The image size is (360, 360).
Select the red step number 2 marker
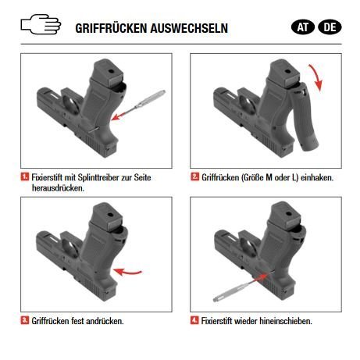point(194,178)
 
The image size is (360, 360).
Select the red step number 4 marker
point(194,320)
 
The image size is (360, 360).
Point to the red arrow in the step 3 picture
point(130,273)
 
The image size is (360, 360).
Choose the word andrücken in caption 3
point(105,320)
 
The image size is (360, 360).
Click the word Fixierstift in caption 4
point(219,320)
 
